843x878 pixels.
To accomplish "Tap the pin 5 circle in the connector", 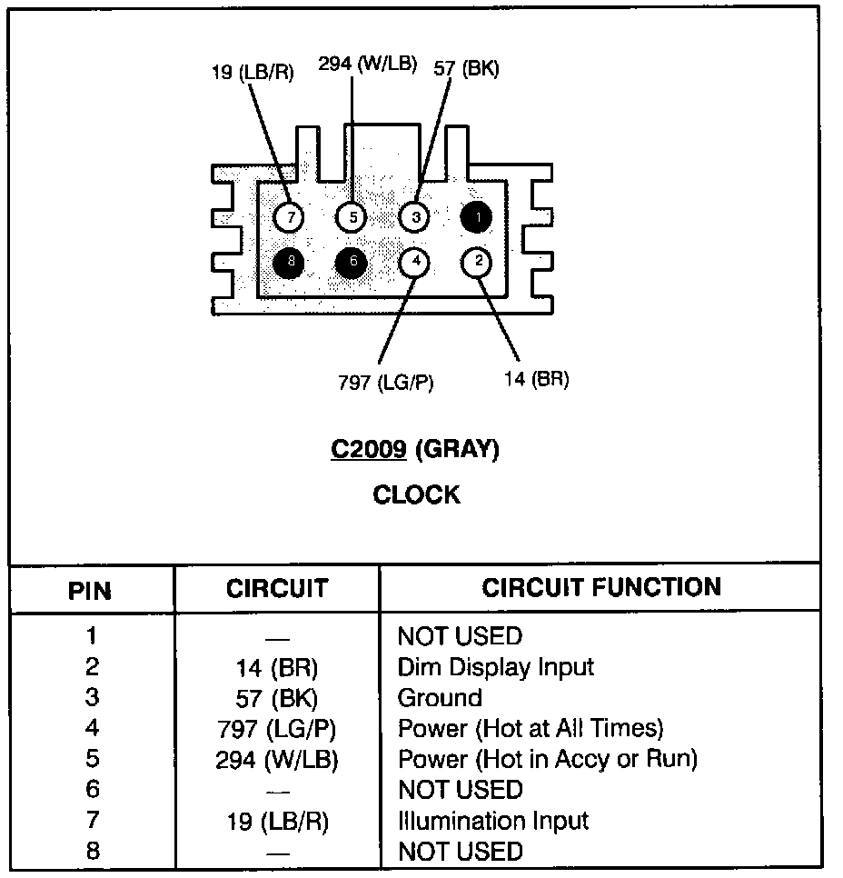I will click(352, 217).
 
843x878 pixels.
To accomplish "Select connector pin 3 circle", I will click(414, 217).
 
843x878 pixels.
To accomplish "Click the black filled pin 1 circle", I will click(475, 216).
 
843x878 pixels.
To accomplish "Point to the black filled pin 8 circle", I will click(290, 263).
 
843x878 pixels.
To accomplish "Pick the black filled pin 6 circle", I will click(352, 263).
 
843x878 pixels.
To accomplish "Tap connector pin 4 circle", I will click(414, 263).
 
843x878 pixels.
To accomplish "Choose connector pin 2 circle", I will click(476, 263).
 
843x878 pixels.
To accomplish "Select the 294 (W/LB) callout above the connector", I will click(367, 64).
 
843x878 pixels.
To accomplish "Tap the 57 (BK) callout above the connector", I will click(466, 68).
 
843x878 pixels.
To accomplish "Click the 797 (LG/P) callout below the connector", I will click(385, 383).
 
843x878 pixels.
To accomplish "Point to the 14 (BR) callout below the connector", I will click(536, 379).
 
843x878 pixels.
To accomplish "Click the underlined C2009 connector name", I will click(368, 449).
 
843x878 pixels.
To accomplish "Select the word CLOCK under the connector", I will click(417, 495).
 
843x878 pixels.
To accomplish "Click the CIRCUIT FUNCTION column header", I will click(601, 587).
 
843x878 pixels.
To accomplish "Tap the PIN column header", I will click(91, 592).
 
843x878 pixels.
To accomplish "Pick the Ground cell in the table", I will click(440, 698).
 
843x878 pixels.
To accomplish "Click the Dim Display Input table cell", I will click(495, 667).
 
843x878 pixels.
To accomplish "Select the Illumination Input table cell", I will click(493, 821).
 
